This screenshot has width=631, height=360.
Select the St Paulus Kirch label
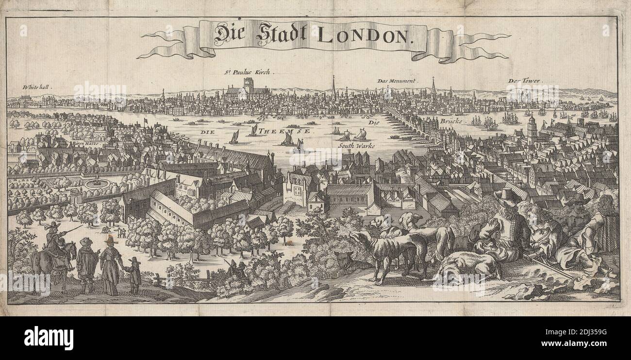point(249,72)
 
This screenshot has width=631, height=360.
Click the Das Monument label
point(397,81)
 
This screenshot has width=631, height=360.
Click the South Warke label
point(353,145)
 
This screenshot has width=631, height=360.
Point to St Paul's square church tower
point(249,85)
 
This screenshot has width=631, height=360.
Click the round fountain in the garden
point(97,182)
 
